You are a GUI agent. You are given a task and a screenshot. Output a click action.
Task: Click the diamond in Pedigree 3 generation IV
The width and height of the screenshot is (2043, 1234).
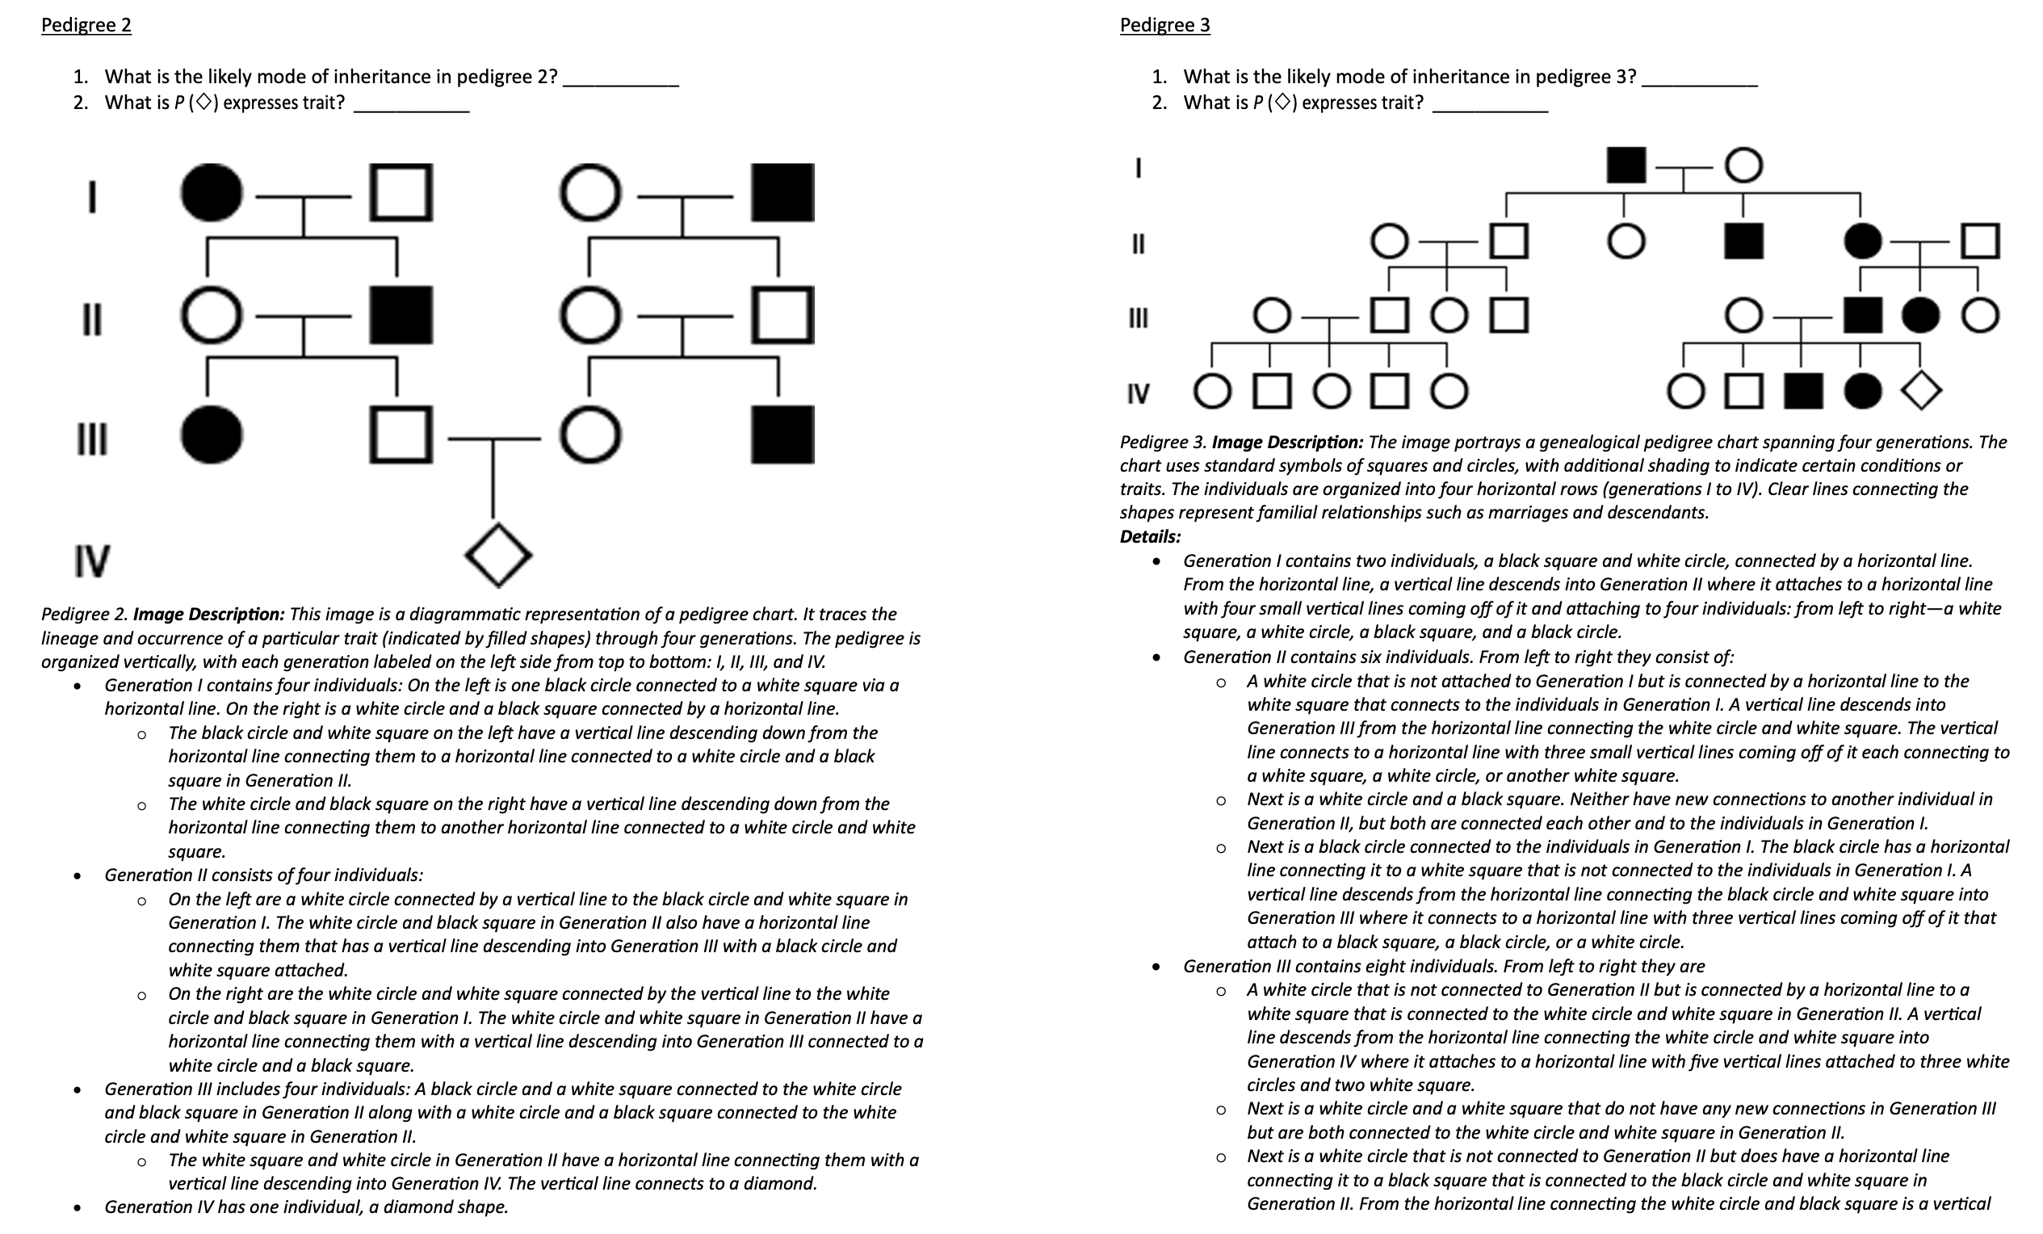[x=1921, y=390]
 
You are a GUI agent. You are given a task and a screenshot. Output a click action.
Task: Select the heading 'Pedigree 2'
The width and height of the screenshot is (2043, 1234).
[x=86, y=25]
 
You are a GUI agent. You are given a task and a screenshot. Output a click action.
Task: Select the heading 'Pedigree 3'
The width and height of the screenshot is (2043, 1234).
[x=1164, y=25]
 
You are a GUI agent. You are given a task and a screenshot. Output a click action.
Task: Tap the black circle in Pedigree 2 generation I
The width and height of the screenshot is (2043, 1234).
[x=212, y=192]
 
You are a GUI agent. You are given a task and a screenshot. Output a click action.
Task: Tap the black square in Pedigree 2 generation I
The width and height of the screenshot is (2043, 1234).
[x=782, y=192]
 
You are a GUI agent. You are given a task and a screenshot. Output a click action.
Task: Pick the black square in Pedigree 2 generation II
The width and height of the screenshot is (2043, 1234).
[x=401, y=315]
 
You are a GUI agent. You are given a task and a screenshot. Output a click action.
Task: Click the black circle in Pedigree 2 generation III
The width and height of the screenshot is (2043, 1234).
[x=212, y=434]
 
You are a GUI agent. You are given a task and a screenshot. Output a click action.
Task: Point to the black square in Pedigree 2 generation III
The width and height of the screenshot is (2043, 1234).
[x=782, y=434]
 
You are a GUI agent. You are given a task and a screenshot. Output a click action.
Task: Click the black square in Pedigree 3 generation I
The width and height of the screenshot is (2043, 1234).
[x=1625, y=164]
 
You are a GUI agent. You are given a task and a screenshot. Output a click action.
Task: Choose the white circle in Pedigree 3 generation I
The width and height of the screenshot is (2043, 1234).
[x=1743, y=164]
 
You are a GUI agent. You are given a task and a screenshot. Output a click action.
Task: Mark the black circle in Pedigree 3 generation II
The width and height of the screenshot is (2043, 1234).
[x=1862, y=241]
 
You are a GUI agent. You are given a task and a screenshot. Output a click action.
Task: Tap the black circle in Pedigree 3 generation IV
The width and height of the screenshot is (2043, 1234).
[x=1862, y=391]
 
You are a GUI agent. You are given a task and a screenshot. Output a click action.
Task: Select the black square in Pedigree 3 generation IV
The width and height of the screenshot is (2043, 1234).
[x=1802, y=391]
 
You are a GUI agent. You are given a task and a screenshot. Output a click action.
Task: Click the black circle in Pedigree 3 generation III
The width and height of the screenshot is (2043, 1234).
[x=1920, y=315]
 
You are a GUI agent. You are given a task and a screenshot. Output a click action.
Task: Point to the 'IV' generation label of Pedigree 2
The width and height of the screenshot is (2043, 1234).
[x=91, y=560]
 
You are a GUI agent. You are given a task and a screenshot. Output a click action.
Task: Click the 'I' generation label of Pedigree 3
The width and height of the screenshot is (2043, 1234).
[x=1138, y=167]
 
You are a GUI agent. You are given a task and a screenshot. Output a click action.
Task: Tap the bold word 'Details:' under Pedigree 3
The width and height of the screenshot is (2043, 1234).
[x=1150, y=536]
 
